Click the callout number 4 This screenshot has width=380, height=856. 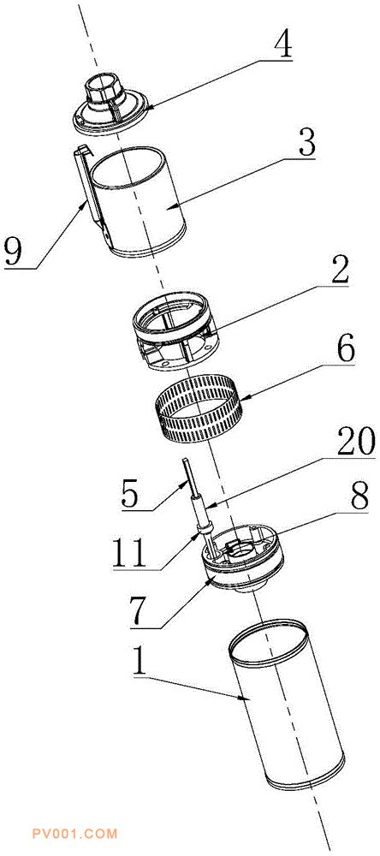pyautogui.click(x=282, y=46)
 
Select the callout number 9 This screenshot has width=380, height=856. pyautogui.click(x=16, y=250)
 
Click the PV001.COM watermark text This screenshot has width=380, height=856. pyautogui.click(x=74, y=834)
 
